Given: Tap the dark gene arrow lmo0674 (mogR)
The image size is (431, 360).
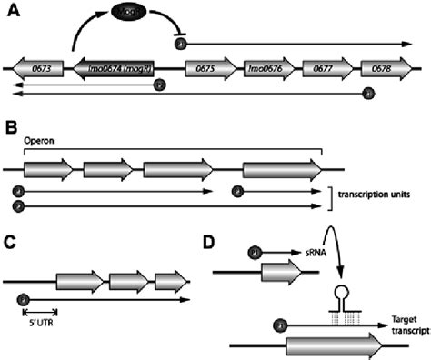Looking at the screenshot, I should [x=122, y=68].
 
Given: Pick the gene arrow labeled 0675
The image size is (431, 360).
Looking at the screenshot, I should [x=207, y=68].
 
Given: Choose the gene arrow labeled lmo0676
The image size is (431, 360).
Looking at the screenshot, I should [x=266, y=68].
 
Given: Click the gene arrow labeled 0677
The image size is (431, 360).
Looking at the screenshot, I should [x=326, y=68].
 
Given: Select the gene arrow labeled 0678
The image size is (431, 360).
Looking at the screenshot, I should [x=383, y=68].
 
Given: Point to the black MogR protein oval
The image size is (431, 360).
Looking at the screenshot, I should [x=130, y=15].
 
